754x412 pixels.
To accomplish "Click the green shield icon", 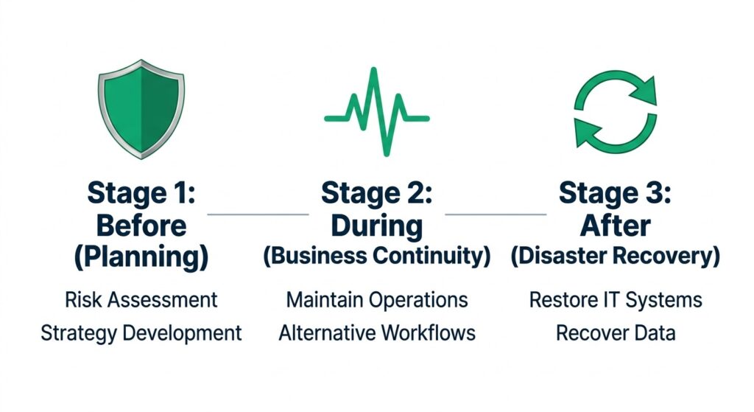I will (141, 110).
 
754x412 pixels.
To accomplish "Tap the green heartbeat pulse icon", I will (376, 112).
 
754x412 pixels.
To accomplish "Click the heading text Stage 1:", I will (141, 193).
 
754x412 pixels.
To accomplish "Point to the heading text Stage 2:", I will (377, 193).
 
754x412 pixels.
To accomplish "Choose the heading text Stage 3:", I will (615, 193).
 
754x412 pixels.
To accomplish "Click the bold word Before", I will (141, 226).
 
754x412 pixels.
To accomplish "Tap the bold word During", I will (377, 226).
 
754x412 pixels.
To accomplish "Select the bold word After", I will (615, 226).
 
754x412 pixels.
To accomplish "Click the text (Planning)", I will (141, 257).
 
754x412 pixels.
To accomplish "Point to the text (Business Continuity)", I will (377, 256).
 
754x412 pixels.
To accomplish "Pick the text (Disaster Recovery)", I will (615, 256).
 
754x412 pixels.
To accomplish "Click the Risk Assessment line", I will (141, 300).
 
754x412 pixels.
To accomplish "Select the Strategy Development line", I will (141, 332).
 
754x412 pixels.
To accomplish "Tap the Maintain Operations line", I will (377, 300).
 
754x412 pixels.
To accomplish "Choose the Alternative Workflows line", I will (377, 332).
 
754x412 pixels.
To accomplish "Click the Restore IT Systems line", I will (615, 300).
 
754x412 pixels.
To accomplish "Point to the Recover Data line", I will (615, 332).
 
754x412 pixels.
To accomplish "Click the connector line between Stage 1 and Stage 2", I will (258, 214).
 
